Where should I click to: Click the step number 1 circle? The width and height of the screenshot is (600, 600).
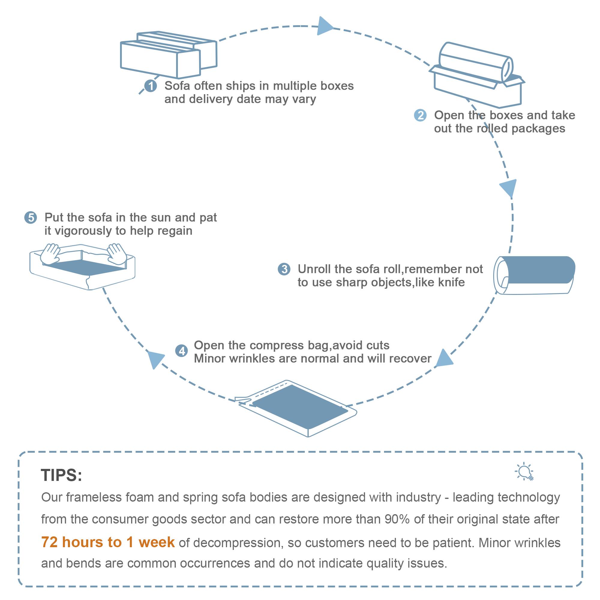(151, 86)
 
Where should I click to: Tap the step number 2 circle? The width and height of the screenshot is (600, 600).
(420, 115)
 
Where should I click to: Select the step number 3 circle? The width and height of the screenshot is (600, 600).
(284, 269)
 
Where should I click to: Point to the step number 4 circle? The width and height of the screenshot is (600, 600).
(182, 351)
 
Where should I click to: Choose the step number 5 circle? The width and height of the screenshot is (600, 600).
(31, 218)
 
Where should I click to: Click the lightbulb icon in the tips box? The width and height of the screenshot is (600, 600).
(524, 472)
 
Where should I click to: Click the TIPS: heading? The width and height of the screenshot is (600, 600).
(61, 475)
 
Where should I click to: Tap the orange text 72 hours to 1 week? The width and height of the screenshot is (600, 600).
(108, 542)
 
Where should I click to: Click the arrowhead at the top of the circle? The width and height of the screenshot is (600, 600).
(324, 26)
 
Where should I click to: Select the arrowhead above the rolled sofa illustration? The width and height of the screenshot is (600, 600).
(509, 187)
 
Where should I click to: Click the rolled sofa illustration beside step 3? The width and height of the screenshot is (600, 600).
(534, 274)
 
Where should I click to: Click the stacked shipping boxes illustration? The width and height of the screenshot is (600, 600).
(168, 54)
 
